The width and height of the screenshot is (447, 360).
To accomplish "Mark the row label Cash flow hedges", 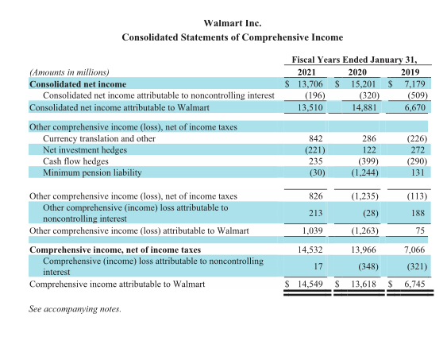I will [x=75, y=161].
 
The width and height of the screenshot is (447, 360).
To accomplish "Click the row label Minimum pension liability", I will [x=92, y=172].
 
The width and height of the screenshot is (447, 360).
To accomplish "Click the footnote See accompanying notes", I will [x=75, y=308].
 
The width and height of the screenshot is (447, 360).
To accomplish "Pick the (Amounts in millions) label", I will [x=69, y=72].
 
